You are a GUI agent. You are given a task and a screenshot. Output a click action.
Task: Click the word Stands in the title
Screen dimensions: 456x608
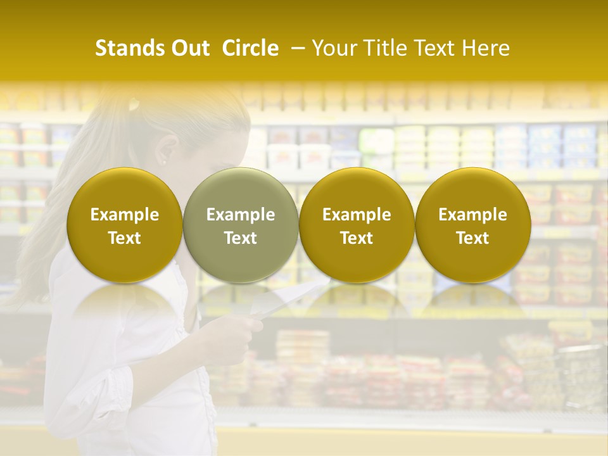click(x=124, y=48)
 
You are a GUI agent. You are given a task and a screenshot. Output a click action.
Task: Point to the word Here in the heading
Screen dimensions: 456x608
click(x=486, y=48)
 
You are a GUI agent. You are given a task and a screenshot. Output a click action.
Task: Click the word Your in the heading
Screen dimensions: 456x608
click(x=336, y=48)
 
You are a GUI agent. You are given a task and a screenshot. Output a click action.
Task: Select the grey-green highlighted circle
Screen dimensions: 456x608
click(x=241, y=225)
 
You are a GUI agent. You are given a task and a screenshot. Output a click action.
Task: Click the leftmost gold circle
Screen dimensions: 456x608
click(x=125, y=225)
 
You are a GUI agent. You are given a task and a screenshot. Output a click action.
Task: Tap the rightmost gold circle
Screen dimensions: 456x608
click(x=472, y=225)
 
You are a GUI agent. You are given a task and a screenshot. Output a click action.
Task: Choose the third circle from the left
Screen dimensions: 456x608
click(x=357, y=225)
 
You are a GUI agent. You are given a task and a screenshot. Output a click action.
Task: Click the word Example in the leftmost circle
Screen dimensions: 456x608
click(x=125, y=215)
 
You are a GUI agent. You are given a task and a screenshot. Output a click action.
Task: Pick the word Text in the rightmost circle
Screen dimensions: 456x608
click(x=472, y=238)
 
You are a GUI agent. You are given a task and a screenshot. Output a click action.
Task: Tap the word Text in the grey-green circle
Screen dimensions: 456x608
click(x=241, y=238)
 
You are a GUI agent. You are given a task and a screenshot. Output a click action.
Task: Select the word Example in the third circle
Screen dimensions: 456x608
click(x=357, y=215)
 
